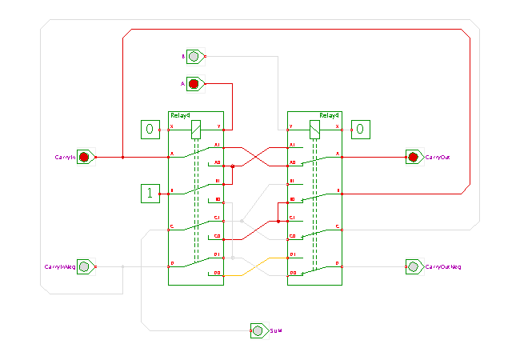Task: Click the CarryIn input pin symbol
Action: click(x=84, y=157)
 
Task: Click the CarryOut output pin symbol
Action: click(x=414, y=157)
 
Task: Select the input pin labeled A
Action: click(x=194, y=83)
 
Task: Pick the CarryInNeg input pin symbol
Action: click(x=84, y=266)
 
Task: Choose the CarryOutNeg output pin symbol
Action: click(x=414, y=266)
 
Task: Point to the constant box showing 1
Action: click(x=149, y=192)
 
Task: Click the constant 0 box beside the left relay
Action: click(x=149, y=128)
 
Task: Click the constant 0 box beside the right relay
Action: click(x=360, y=128)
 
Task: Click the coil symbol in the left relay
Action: click(x=195, y=126)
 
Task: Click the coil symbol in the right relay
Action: click(x=314, y=126)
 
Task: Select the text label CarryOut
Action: click(x=438, y=158)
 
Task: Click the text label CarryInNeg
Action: click(x=59, y=267)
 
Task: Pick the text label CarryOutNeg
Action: click(x=443, y=267)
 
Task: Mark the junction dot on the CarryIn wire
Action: click(x=122, y=157)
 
